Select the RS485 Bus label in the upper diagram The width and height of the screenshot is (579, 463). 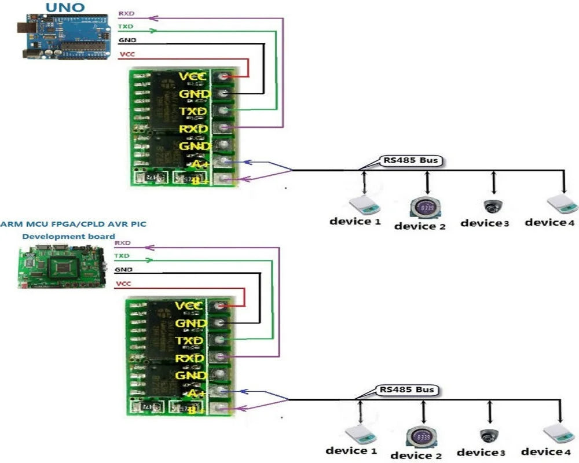(409, 160)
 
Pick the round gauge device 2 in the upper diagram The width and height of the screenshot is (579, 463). (427, 207)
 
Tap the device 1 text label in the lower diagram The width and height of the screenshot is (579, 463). (351, 450)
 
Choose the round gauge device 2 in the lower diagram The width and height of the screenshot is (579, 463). (420, 436)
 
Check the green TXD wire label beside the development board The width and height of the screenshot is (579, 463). (122, 255)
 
